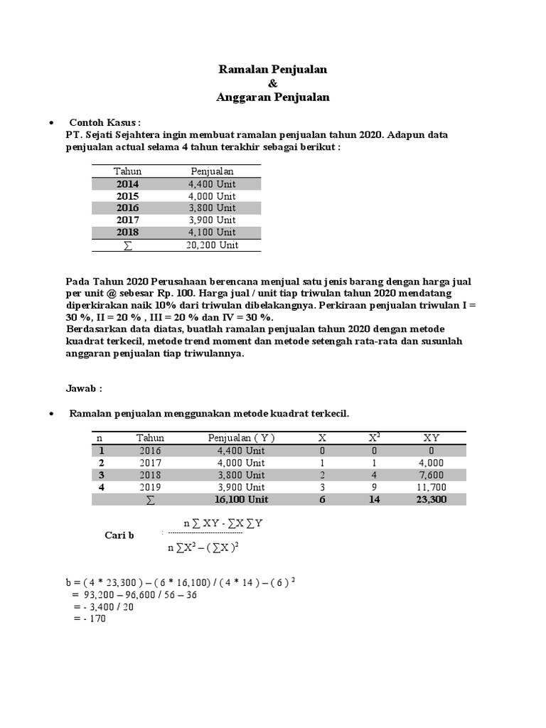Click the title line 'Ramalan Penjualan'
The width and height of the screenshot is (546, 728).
[273, 69]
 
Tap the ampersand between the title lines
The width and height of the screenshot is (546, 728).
[273, 83]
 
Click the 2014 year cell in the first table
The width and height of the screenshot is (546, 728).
[128, 184]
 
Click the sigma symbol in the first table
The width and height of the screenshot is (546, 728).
[128, 245]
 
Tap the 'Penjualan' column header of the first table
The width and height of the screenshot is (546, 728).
[212, 171]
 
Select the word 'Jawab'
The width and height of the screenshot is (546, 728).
[84, 389]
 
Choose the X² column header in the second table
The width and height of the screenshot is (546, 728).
[374, 438]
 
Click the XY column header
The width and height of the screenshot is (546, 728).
[432, 438]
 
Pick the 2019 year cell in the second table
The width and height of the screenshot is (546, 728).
[151, 487]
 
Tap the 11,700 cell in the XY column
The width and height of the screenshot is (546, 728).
[432, 487]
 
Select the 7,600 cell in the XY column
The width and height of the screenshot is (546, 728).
[432, 475]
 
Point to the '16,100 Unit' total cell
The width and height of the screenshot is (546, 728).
[241, 500]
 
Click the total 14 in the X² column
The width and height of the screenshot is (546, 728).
[374, 500]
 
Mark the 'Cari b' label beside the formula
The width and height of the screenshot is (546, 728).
[119, 535]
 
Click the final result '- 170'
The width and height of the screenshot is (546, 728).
[90, 619]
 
